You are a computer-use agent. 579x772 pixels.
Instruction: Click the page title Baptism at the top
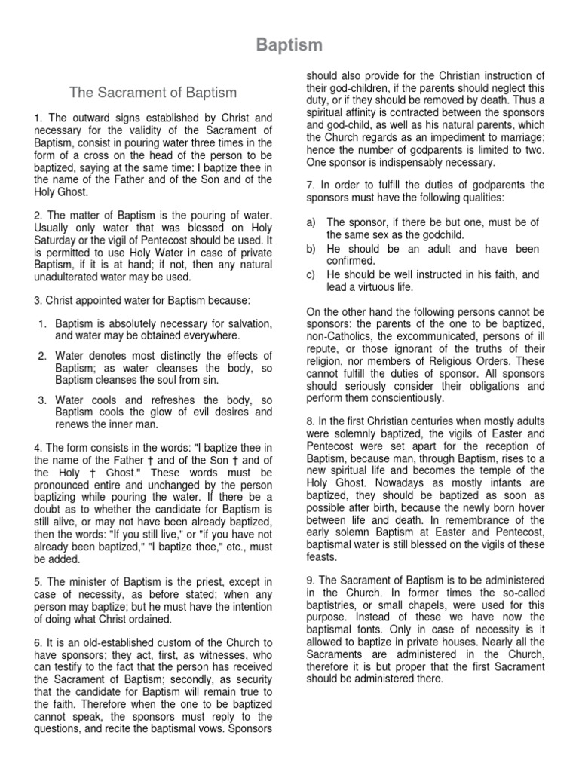[x=289, y=46]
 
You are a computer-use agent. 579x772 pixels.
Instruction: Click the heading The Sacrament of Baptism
[x=153, y=93]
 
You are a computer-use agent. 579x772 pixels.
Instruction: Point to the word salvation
[x=247, y=323]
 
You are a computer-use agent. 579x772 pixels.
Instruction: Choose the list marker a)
[x=311, y=222]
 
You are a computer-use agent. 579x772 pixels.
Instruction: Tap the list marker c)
[x=311, y=275]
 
